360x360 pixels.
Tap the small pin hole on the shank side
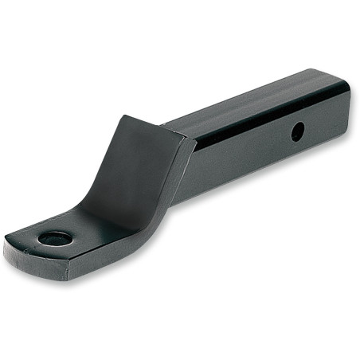pos(296,132)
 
